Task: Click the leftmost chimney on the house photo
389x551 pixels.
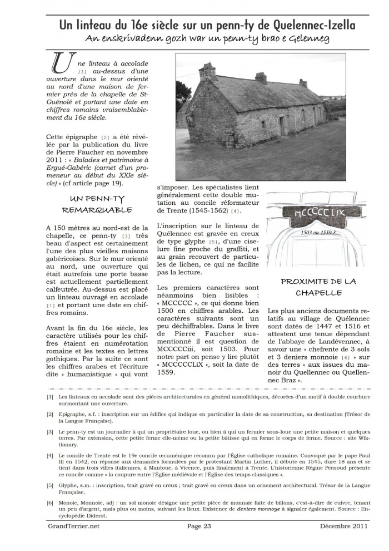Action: click(x=207, y=72)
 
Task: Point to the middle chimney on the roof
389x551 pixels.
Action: click(x=261, y=77)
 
